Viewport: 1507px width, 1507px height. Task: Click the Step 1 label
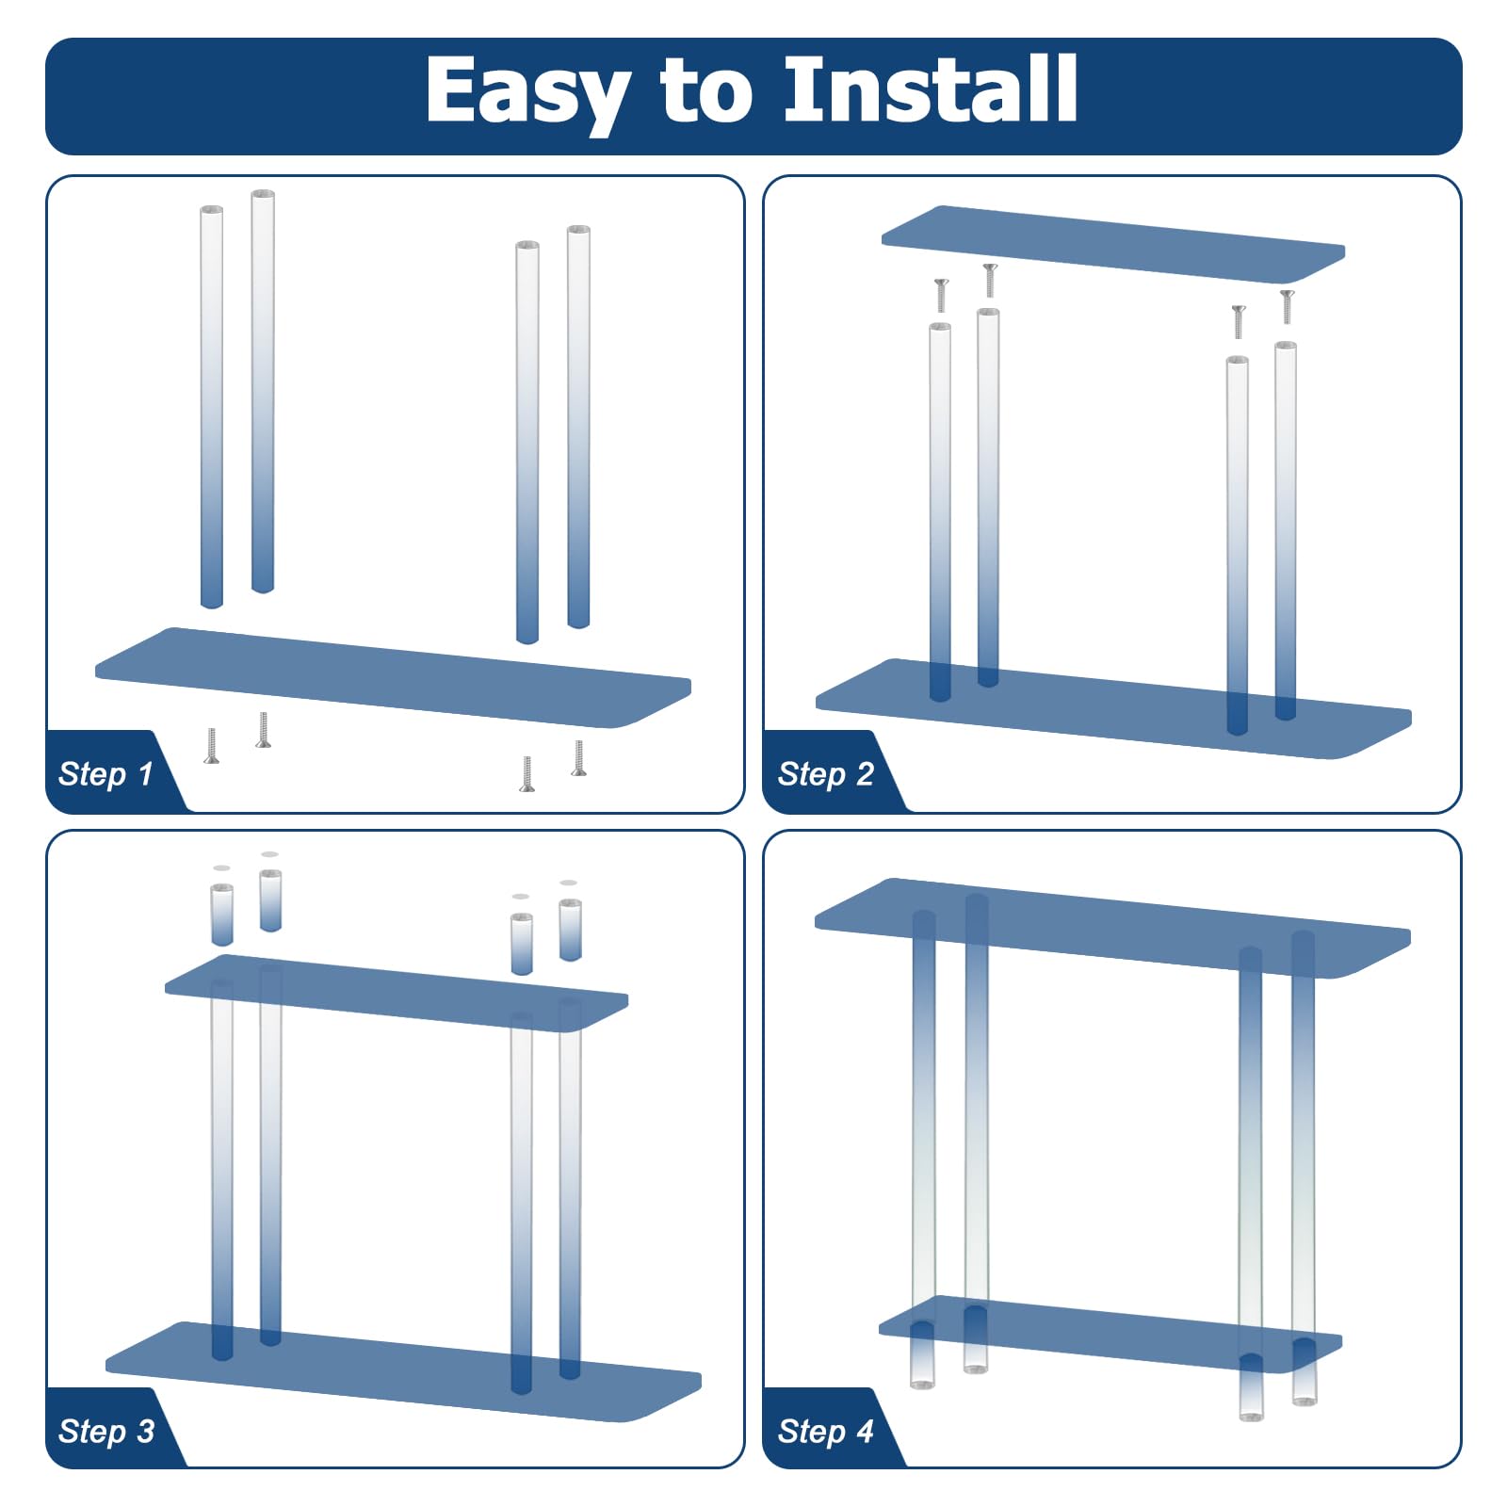[x=105, y=774]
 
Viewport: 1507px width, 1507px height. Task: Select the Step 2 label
[x=825, y=774]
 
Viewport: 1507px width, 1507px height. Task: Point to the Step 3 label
[x=105, y=1431]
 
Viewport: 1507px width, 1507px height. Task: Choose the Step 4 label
[x=825, y=1431]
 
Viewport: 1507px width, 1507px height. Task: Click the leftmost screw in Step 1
[x=212, y=745]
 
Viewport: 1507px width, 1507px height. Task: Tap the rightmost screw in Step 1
[x=578, y=758]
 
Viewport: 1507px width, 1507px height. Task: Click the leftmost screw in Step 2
[x=941, y=295]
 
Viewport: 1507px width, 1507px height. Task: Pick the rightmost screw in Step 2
[x=1288, y=306]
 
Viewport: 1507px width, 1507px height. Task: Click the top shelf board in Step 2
[x=1111, y=243]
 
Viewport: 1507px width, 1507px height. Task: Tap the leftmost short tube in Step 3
[x=222, y=914]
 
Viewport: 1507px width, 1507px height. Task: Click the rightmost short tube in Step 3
[x=570, y=930]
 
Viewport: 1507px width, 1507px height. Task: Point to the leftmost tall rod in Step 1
[x=212, y=405]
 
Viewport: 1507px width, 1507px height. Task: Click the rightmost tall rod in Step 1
[x=578, y=424]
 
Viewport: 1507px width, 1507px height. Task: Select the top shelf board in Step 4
[x=1111, y=928]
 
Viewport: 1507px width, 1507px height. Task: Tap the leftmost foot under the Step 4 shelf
[x=922, y=1356]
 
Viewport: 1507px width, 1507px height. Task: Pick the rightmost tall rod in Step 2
[x=1286, y=527]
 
